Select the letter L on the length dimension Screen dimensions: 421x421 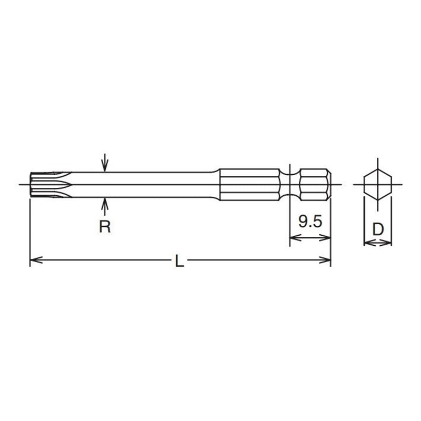179,262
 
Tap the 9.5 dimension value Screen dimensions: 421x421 310,222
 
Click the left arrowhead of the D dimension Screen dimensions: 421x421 368,243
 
